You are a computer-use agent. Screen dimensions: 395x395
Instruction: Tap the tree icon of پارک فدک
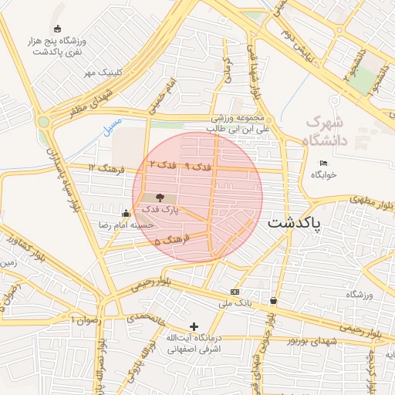(x=160, y=197)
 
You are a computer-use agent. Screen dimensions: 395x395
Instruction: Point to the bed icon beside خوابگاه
(x=323, y=163)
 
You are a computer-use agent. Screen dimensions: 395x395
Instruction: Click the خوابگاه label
(x=323, y=175)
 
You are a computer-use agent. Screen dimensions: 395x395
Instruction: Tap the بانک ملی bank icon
(x=235, y=292)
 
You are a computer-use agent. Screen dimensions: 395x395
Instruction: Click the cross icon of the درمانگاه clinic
(x=194, y=326)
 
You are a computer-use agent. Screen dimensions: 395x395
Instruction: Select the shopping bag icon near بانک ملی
(x=274, y=300)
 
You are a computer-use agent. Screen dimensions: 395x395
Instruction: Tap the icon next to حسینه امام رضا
(x=126, y=213)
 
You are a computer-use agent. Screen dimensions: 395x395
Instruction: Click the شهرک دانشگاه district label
(x=327, y=131)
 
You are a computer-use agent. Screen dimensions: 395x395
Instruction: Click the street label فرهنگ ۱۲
(x=101, y=167)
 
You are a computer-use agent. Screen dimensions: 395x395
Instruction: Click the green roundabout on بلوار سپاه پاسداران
(x=43, y=122)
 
